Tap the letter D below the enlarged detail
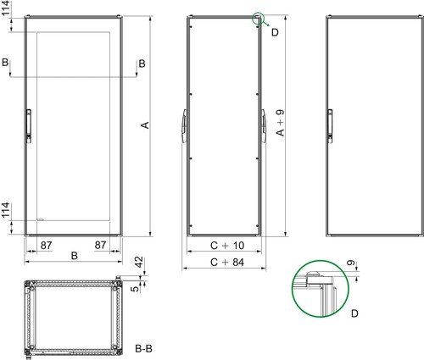point(354,313)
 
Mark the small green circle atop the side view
point(257,18)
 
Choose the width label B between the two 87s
point(75,254)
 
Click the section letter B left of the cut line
point(7,64)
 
